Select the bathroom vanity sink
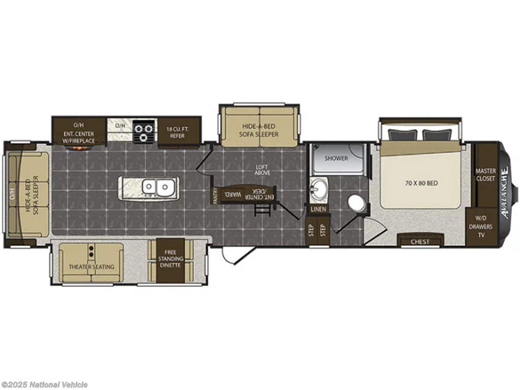[319, 189]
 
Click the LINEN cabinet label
[318, 209]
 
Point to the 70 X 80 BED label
[421, 183]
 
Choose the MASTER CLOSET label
[486, 175]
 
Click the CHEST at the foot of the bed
[420, 240]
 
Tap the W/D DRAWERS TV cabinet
[481, 227]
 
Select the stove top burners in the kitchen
[144, 132]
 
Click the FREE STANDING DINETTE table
[171, 261]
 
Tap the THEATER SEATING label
[91, 267]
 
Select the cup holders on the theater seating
[91, 251]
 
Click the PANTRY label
[215, 196]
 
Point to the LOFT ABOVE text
[263, 170]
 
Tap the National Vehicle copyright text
[44, 385]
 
